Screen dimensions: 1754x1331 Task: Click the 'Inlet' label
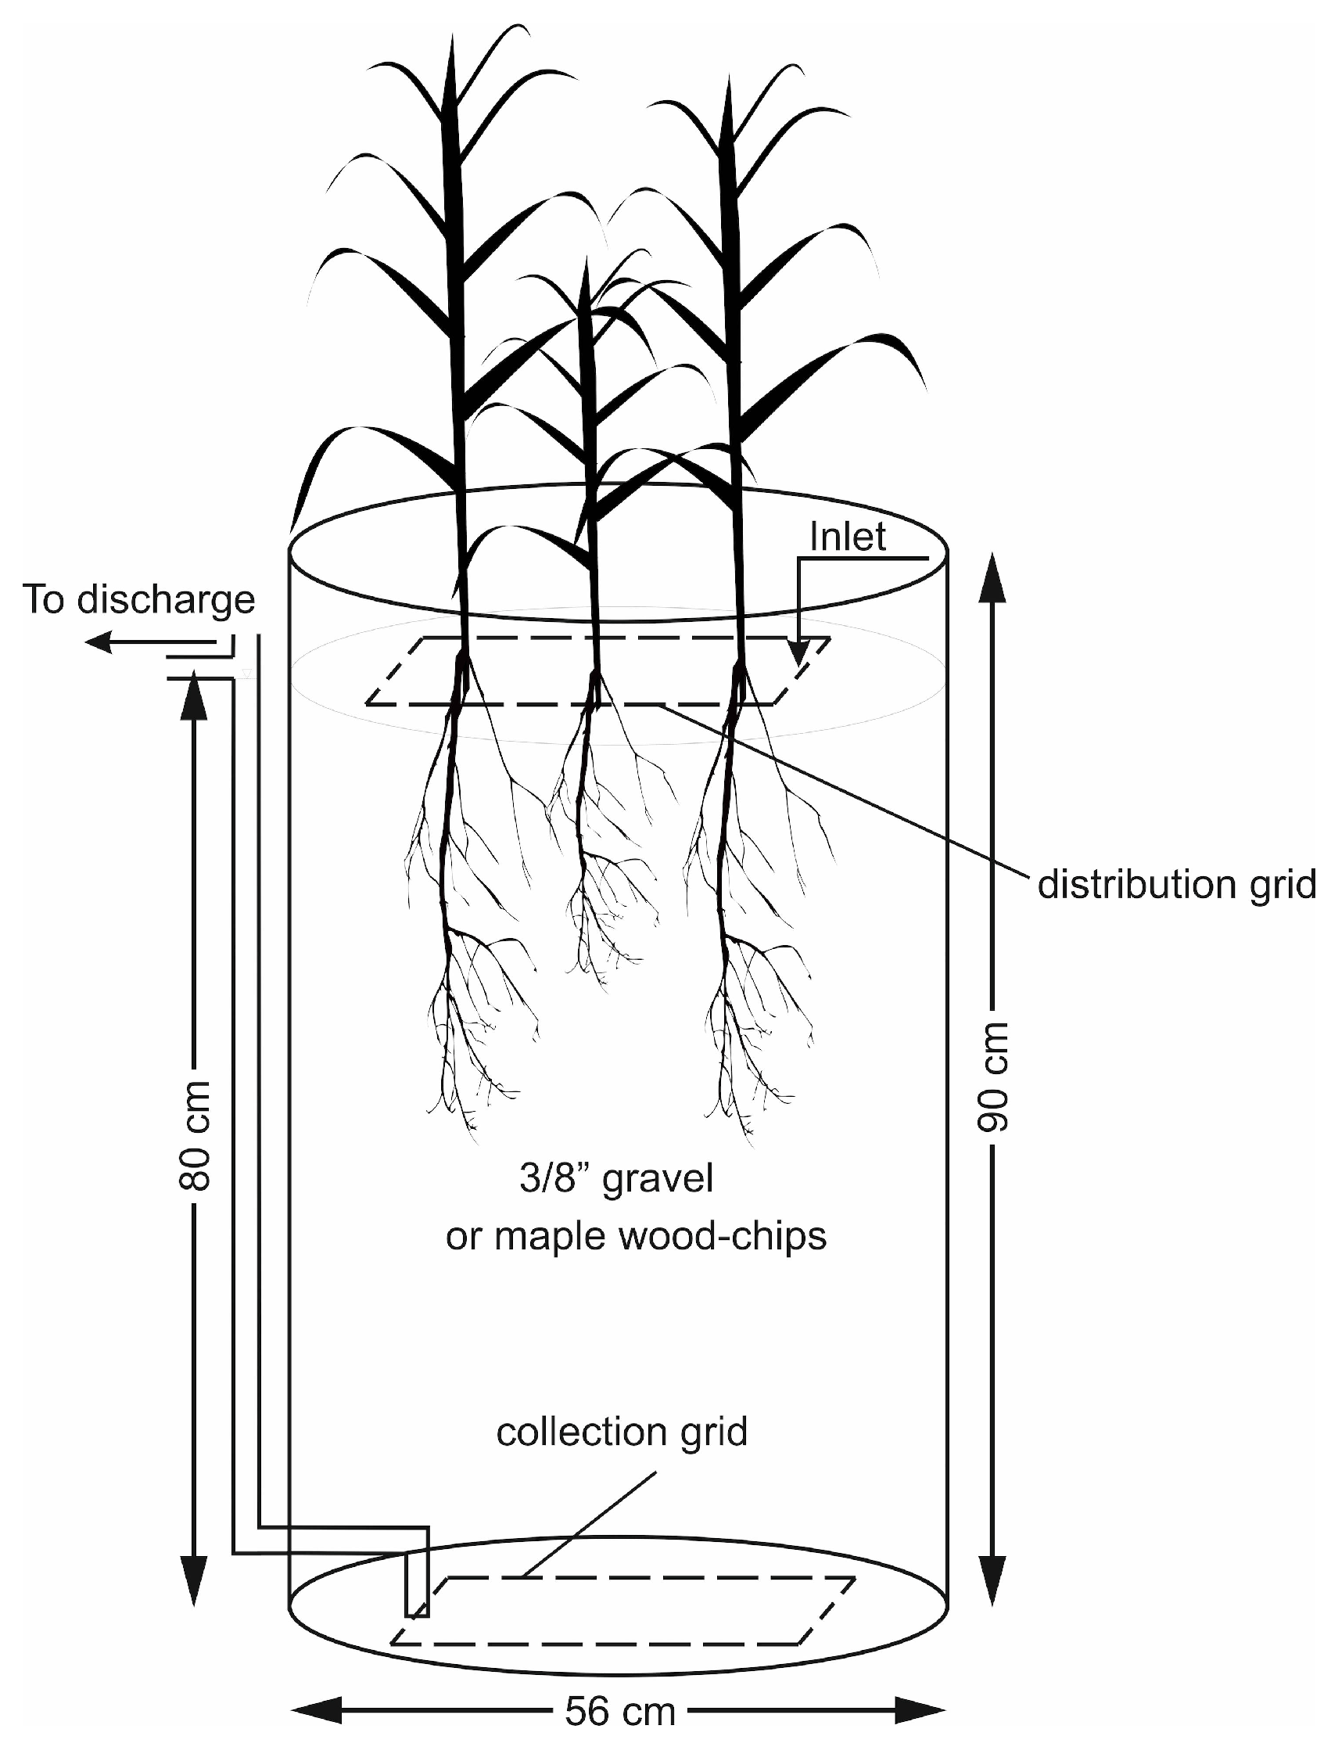click(848, 537)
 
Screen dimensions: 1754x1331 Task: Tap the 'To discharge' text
click(138, 599)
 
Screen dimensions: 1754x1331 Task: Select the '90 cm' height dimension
click(992, 1076)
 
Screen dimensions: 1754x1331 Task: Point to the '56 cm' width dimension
click(620, 1710)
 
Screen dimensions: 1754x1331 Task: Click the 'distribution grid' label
click(1176, 884)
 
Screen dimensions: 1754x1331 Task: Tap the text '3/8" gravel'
click(617, 1178)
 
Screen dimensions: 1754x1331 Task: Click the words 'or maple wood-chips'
click(636, 1235)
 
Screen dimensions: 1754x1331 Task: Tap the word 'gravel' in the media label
click(658, 1179)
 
